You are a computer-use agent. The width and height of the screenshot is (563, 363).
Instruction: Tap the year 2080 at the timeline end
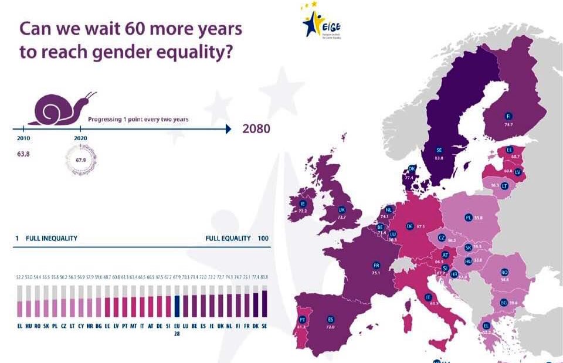256,128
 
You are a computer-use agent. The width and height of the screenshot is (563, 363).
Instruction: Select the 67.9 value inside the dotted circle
80,159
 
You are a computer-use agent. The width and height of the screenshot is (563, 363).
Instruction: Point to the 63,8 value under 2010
25,157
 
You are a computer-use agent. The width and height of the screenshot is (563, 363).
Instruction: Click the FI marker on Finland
509,116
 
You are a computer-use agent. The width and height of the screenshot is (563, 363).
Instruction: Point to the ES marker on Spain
331,320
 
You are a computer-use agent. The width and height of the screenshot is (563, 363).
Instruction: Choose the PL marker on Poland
469,218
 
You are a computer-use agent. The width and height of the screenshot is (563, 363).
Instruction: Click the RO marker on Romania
504,272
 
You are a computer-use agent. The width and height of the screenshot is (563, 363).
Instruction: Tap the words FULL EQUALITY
228,239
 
